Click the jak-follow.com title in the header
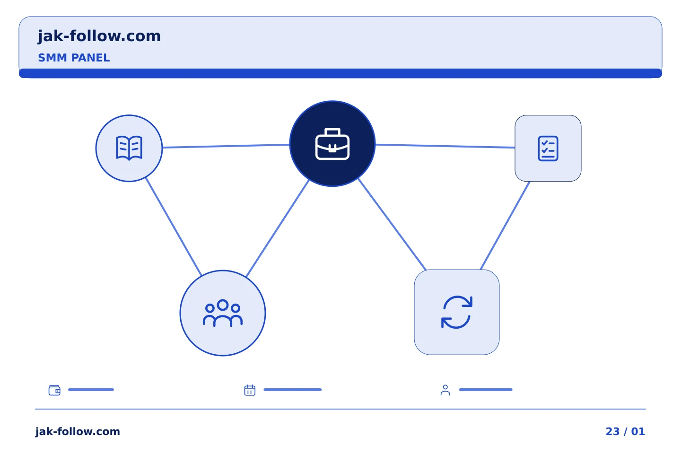(x=99, y=36)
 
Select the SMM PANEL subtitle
(x=74, y=58)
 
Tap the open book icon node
(x=129, y=148)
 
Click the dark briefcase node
(x=332, y=143)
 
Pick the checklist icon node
(x=548, y=148)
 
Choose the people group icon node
(x=223, y=313)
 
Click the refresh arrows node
(x=457, y=312)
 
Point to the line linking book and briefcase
(x=226, y=146)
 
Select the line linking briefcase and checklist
(x=445, y=146)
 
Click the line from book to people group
(x=174, y=227)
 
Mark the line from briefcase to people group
(x=278, y=228)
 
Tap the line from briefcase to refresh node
(x=392, y=224)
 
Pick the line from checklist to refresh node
(x=505, y=226)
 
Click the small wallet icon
(x=54, y=390)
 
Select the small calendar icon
(x=250, y=390)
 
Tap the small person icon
(x=445, y=390)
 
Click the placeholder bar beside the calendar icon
(x=292, y=390)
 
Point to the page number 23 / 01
(x=625, y=431)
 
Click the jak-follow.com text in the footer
(x=78, y=431)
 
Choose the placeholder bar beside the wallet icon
(x=91, y=390)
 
